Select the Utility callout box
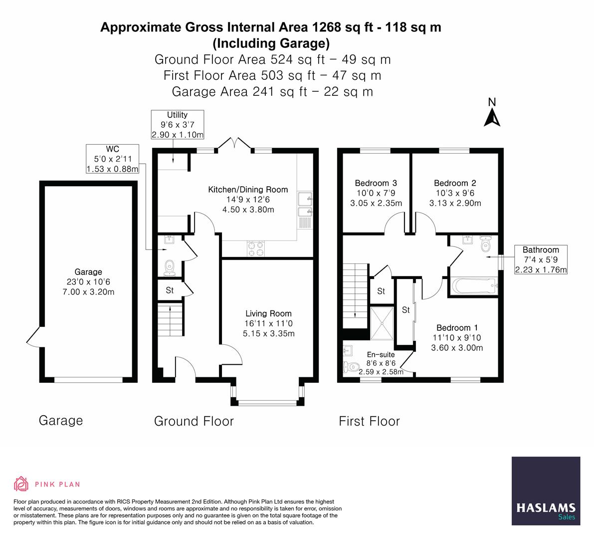(x=177, y=125)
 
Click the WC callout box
(x=112, y=159)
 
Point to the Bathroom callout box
(x=541, y=260)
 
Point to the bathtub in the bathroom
(x=473, y=286)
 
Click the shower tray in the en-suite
(x=382, y=323)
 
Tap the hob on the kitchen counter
(x=256, y=249)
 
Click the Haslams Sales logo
(x=546, y=491)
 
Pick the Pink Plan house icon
(x=21, y=484)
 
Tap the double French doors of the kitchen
(x=234, y=144)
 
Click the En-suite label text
(x=381, y=354)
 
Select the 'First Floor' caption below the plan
(x=369, y=421)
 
